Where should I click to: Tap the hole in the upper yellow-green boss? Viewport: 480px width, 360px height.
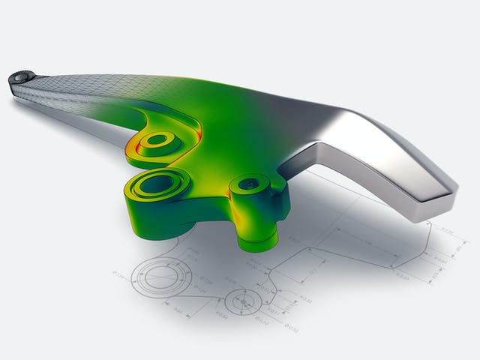click(157, 139)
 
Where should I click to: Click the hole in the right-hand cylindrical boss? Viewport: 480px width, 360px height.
click(248, 182)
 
